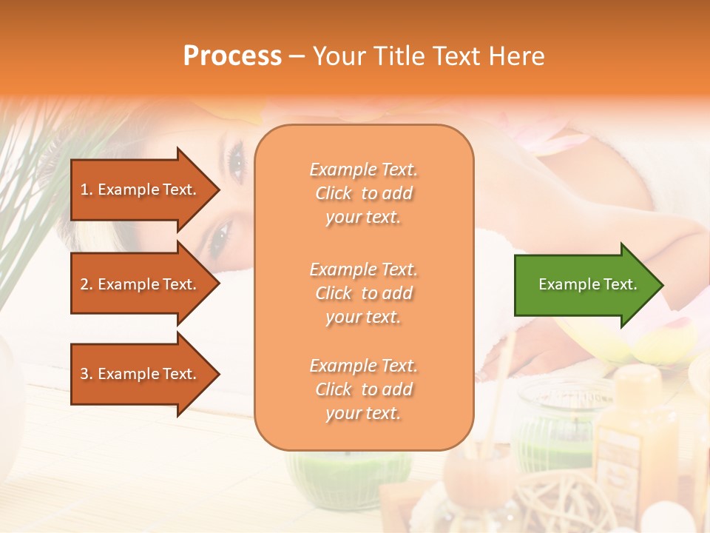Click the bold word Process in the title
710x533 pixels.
click(x=232, y=56)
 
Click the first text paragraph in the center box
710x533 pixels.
click(x=363, y=193)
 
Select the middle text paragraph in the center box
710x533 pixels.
click(x=363, y=292)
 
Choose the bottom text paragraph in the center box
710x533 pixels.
click(x=363, y=389)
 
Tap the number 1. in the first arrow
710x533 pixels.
click(x=87, y=190)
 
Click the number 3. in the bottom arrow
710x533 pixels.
click(x=87, y=374)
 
